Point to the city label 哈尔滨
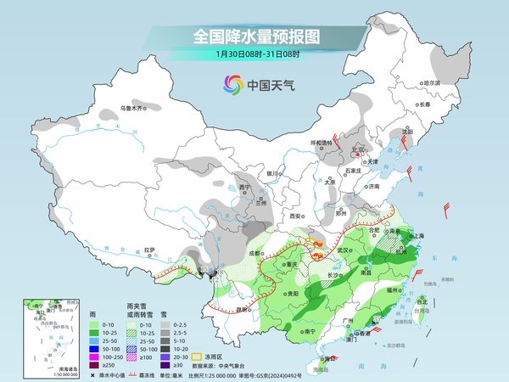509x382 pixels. (x=432, y=83)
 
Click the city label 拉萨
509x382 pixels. (x=149, y=250)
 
